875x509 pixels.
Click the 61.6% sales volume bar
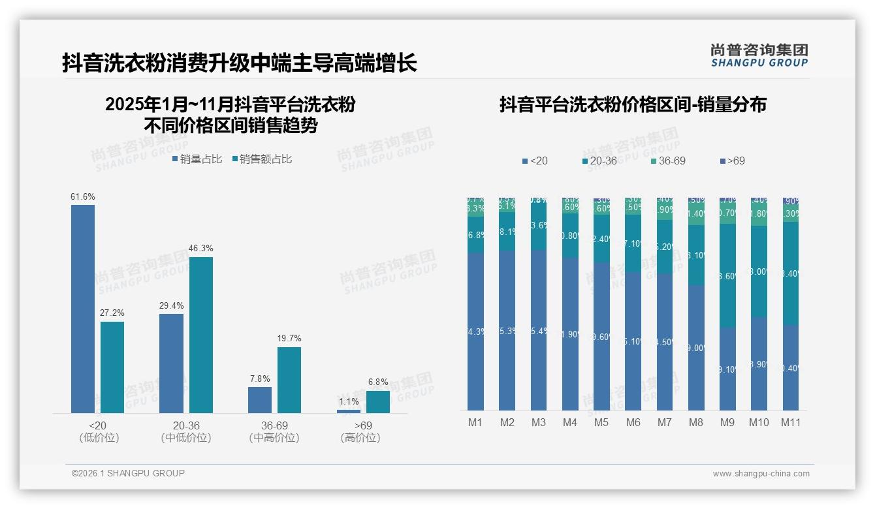point(83,309)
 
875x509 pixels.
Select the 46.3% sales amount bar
point(201,335)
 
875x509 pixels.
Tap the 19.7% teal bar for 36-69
point(289,380)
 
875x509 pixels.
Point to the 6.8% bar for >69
point(377,402)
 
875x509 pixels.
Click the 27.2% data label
point(112,313)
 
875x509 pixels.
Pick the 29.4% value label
point(171,305)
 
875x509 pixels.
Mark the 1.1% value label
point(349,402)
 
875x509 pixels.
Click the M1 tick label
point(475,422)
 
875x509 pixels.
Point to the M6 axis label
point(633,422)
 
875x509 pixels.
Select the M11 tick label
point(791,422)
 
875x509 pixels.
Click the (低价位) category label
point(99,438)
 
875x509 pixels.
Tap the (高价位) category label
point(360,438)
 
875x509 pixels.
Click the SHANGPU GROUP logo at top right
point(759,55)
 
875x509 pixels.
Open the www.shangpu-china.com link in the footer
point(761,474)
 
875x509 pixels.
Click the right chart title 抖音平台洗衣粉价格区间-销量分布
point(633,104)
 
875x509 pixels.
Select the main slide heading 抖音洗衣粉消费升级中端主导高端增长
point(239,63)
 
